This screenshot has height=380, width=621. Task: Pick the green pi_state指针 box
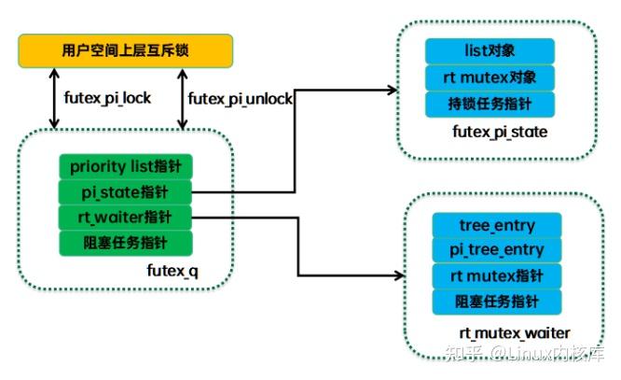pos(125,193)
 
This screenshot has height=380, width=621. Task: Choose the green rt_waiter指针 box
pos(125,218)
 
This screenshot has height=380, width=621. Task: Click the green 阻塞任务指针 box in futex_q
pos(125,244)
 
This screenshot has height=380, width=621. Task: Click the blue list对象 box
pos(490,51)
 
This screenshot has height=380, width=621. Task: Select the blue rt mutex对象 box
pos(490,77)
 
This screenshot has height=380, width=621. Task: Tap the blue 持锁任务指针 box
pos(490,103)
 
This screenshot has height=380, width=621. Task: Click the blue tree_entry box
pos(496,226)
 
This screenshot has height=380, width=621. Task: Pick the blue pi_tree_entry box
pos(496,250)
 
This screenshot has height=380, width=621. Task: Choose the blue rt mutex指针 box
pos(496,275)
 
